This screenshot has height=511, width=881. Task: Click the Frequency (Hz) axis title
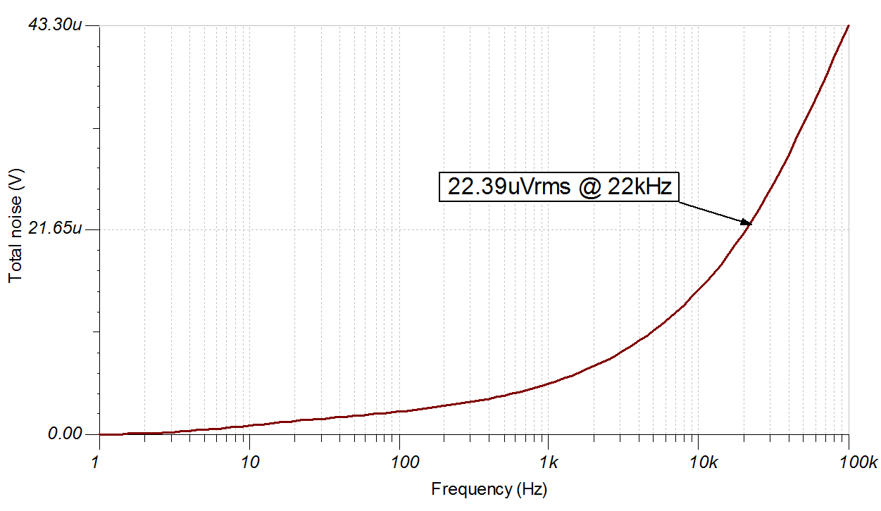click(489, 488)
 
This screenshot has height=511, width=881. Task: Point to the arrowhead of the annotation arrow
click(748, 223)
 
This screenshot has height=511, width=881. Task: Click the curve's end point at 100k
click(849, 25)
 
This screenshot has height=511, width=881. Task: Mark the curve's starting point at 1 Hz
click(100, 434)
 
